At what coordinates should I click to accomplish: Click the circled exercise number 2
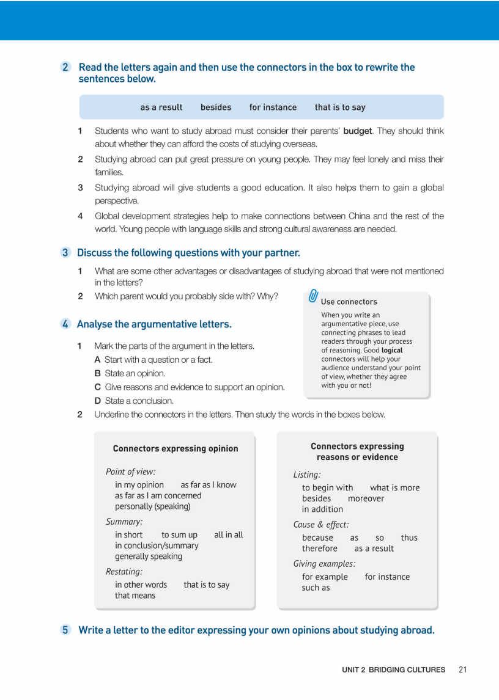[65, 67]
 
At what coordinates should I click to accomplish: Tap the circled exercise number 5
[65, 630]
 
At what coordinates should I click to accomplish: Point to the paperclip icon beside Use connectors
[313, 297]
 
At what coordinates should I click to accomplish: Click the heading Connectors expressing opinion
[176, 448]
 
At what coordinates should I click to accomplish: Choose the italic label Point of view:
[130, 472]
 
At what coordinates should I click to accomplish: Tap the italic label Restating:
[124, 572]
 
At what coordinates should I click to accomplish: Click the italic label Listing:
[307, 475]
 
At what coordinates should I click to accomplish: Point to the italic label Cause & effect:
[321, 525]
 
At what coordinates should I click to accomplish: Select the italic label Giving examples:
[324, 564]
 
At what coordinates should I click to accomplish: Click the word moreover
[366, 498]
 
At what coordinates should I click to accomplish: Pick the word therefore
[320, 549]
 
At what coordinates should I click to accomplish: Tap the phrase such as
[316, 588]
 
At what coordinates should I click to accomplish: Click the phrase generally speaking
[149, 556]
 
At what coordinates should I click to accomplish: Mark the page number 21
[462, 669]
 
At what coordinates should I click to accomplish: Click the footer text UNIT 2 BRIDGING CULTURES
[393, 669]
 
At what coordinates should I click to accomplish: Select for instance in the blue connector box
[273, 108]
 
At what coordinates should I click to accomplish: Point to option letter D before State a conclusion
[97, 401]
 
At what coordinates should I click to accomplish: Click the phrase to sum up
[179, 534]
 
